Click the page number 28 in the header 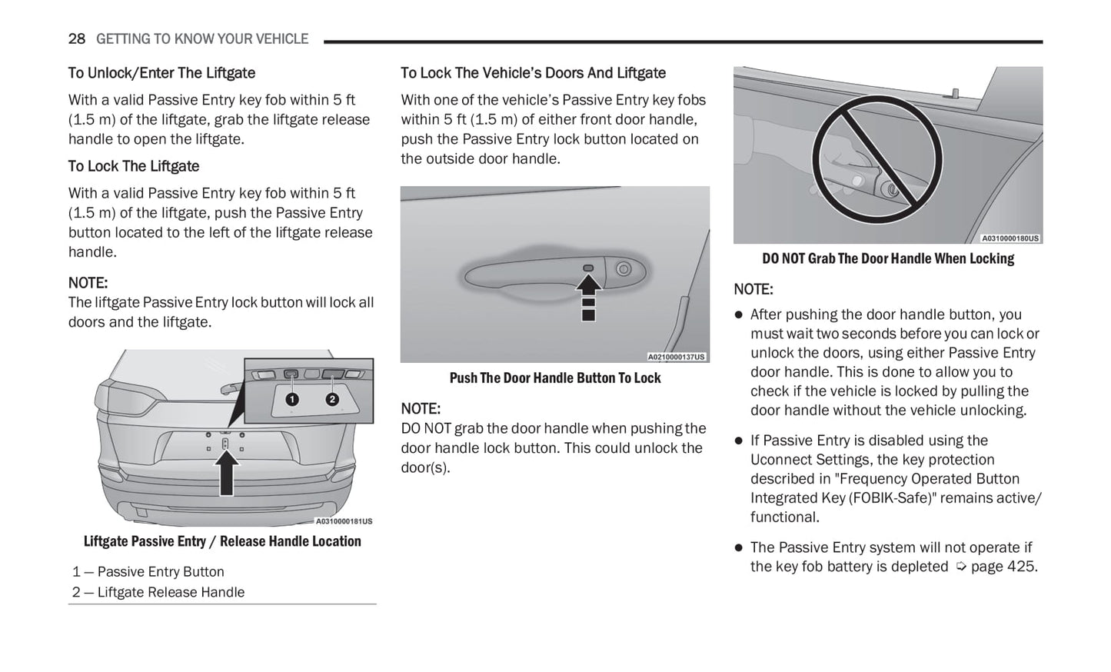coord(76,39)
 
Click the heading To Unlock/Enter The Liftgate coord(161,73)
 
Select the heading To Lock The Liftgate coord(134,166)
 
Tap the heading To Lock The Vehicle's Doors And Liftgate coord(533,73)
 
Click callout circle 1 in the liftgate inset coord(291,399)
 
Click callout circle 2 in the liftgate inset coord(332,399)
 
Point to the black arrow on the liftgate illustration coord(226,473)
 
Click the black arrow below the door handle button coord(588,296)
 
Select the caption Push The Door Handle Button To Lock coord(555,378)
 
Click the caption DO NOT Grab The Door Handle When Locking coord(888,259)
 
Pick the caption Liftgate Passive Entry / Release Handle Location coord(222,541)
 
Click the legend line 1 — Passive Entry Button coord(148,572)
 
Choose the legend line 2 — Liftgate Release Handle coord(158,592)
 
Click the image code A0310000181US coord(344,521)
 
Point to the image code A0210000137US coord(676,357)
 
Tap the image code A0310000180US coord(1010,238)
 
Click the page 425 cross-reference coord(997,567)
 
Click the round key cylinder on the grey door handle coord(624,269)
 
